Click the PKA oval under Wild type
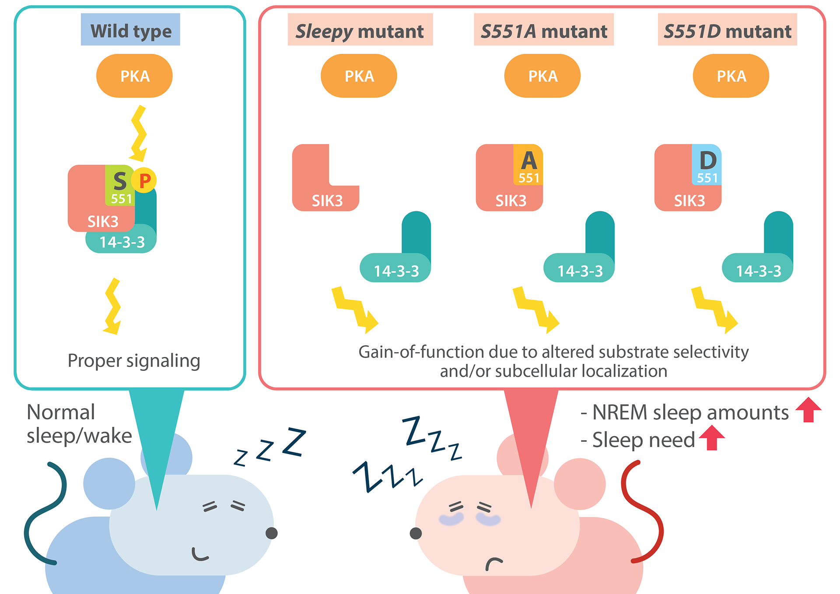(x=134, y=76)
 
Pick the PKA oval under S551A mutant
(x=542, y=76)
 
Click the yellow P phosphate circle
(x=144, y=180)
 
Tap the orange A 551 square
(x=528, y=165)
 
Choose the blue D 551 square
(x=707, y=165)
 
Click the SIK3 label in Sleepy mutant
(x=327, y=201)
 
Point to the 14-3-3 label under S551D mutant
(x=758, y=271)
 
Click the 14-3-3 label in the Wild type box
(x=122, y=242)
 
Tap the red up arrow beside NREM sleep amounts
(x=808, y=410)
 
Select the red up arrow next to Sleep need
(x=712, y=438)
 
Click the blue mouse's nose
(x=272, y=533)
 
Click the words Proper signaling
(x=134, y=361)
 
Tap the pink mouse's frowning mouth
(x=494, y=563)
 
